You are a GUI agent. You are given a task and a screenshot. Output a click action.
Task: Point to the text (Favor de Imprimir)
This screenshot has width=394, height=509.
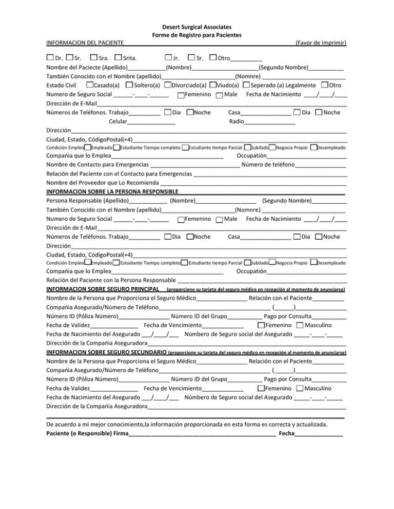(x=319, y=42)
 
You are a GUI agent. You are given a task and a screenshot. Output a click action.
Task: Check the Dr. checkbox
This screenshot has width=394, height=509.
(x=49, y=56)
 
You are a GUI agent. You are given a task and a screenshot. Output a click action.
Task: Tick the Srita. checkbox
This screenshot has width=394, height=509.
(x=119, y=56)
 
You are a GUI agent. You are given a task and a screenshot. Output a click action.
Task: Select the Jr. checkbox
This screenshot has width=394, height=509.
(x=168, y=56)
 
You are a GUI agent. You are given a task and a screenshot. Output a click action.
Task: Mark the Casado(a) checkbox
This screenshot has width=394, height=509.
(x=90, y=84)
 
